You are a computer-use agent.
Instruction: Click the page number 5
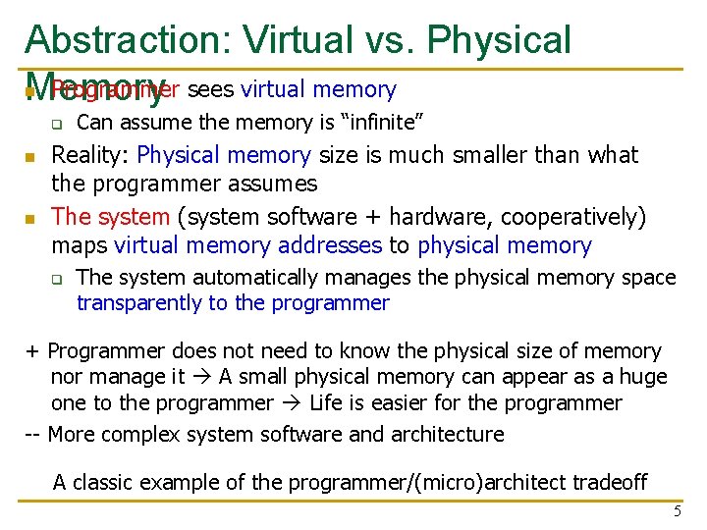coord(677,511)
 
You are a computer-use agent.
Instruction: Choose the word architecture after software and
coord(445,434)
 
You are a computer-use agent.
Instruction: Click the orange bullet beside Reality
coord(30,157)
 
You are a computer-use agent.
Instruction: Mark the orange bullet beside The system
coord(30,218)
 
